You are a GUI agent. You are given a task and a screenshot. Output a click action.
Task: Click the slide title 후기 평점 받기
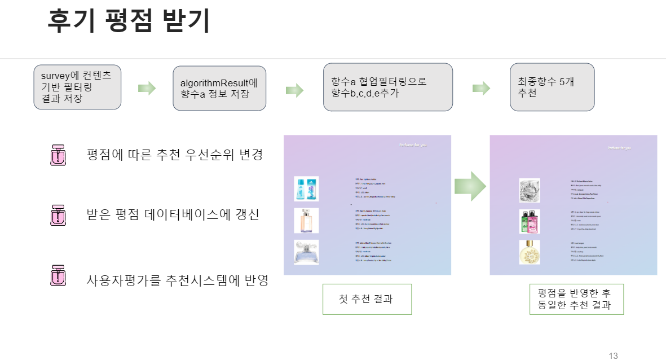(129, 21)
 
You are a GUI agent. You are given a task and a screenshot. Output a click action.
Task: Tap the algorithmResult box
(219, 89)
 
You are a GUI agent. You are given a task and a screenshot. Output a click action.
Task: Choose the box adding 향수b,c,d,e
(387, 87)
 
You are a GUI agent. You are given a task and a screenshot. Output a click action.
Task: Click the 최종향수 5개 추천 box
(552, 87)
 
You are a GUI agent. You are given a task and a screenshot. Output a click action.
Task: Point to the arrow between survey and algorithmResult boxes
(147, 88)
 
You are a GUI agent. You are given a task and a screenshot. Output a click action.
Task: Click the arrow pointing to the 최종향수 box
(480, 88)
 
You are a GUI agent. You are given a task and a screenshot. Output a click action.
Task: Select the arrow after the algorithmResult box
(294, 90)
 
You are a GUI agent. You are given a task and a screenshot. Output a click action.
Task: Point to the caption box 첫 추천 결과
(367, 299)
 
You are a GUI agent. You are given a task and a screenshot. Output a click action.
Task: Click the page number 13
(613, 355)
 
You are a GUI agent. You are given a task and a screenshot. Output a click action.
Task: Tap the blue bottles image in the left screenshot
(306, 189)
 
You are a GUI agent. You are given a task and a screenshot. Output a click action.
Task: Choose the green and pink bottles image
(530, 221)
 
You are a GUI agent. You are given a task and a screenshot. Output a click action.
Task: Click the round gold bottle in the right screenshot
(530, 253)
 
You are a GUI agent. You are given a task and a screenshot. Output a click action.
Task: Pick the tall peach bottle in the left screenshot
(306, 221)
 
